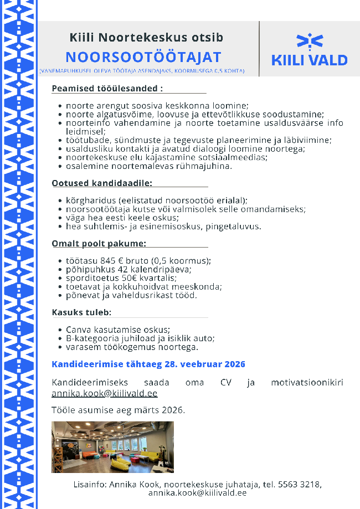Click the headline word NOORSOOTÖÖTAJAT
(143, 57)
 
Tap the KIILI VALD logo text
(310, 60)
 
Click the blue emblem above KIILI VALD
(310, 41)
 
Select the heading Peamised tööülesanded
(107, 89)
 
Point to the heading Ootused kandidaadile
(102, 183)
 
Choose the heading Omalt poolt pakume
(99, 243)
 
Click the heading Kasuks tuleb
(81, 312)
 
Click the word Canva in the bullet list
(78, 330)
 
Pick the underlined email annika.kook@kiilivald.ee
(104, 393)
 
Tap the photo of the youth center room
(112, 447)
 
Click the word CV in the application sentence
(225, 383)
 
